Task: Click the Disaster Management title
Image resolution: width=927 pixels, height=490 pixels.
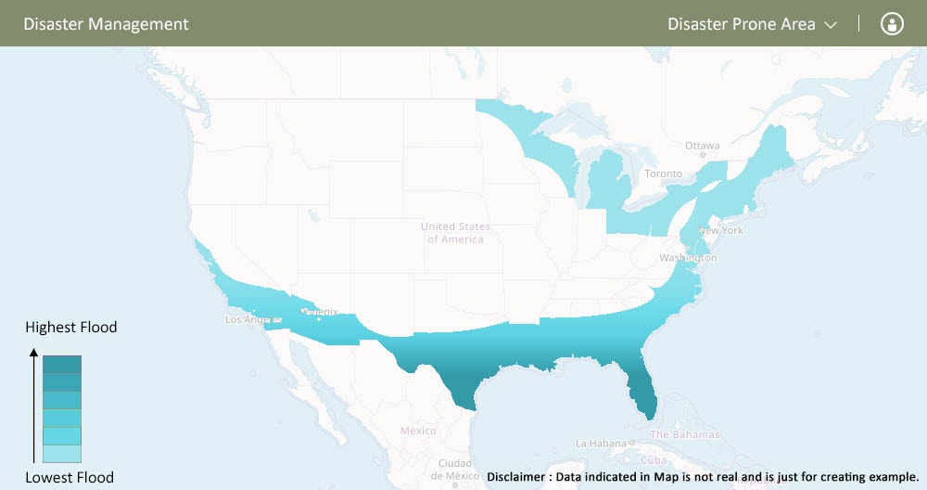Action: (106, 24)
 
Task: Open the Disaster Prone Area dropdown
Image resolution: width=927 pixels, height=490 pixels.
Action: (752, 24)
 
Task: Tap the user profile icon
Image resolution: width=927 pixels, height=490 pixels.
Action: (892, 24)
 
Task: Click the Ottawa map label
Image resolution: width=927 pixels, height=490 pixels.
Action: (702, 147)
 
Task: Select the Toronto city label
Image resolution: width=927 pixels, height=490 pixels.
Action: (663, 174)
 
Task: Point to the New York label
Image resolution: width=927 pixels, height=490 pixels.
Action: (721, 230)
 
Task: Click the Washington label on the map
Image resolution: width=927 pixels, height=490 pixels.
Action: (686, 257)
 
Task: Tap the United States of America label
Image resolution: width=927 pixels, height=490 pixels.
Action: (455, 233)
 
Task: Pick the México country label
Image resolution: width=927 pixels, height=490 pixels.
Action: (418, 432)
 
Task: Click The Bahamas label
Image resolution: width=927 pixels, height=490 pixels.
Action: (684, 435)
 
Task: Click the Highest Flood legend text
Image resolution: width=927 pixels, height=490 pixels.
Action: (71, 328)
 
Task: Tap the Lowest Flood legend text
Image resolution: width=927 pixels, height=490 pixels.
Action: (70, 478)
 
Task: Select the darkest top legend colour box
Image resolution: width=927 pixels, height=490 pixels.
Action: (62, 364)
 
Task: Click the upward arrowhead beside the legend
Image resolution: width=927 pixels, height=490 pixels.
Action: (33, 353)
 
